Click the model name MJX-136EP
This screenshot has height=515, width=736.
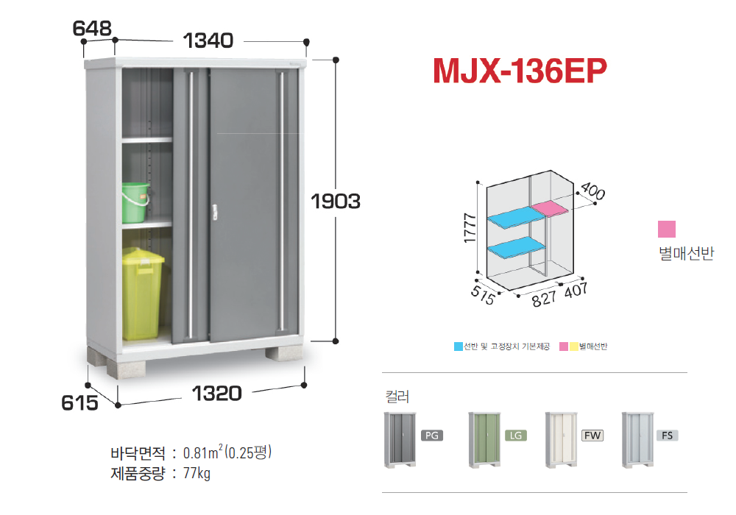coord(520,71)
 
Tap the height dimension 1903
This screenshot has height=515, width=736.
coord(336,201)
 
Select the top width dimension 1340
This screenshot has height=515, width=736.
coord(208,40)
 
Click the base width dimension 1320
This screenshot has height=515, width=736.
coord(217,394)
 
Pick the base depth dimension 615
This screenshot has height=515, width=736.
coord(79,403)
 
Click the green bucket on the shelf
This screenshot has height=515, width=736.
coord(135,202)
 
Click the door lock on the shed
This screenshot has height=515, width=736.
coord(214,212)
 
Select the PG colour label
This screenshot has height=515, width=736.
coord(432,436)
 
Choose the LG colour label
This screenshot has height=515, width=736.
coord(516,436)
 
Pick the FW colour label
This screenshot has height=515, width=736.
coord(592,436)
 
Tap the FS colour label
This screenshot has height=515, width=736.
coord(667,436)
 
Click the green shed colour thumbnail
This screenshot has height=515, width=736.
coord(484,440)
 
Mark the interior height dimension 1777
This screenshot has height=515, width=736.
coord(470,228)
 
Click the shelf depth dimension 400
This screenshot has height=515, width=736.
coord(592,191)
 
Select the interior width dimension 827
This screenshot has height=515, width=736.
coord(545,298)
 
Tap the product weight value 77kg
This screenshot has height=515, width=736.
coord(197,473)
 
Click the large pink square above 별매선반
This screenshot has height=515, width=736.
coord(667,230)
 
